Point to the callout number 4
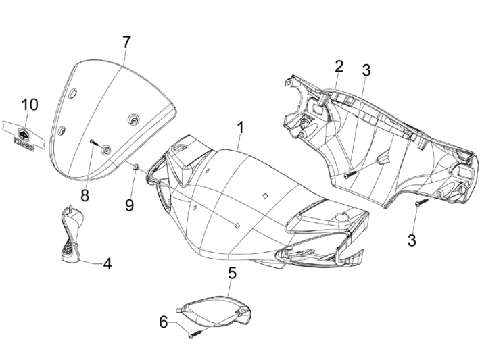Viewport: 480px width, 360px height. pyautogui.click(x=106, y=263)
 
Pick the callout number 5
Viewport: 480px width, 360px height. pyautogui.click(x=232, y=274)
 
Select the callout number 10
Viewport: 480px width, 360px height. pyautogui.click(x=30, y=105)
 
